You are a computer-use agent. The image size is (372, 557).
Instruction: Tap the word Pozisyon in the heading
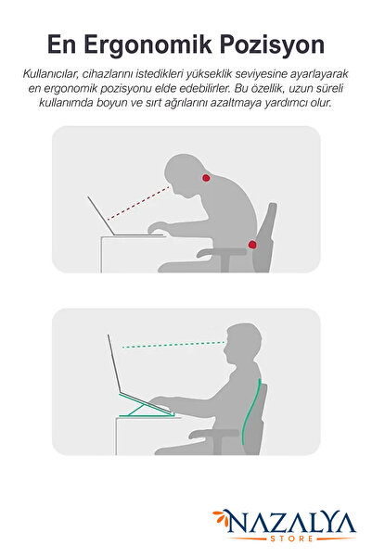(272, 45)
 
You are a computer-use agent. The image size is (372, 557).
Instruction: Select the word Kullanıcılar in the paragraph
(50, 74)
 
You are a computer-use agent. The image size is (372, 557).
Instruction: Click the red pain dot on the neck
(206, 178)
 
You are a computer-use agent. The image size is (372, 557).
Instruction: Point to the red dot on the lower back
(252, 245)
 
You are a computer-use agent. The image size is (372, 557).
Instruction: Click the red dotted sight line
(138, 203)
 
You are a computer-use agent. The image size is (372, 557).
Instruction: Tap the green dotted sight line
(173, 345)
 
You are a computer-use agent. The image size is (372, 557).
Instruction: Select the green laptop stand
(146, 405)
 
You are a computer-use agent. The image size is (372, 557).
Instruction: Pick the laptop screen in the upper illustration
(102, 216)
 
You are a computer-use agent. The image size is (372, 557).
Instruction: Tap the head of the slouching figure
(185, 174)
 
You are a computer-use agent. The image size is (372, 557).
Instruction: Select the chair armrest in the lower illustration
(214, 433)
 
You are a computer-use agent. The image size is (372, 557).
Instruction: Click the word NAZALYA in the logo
(290, 522)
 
